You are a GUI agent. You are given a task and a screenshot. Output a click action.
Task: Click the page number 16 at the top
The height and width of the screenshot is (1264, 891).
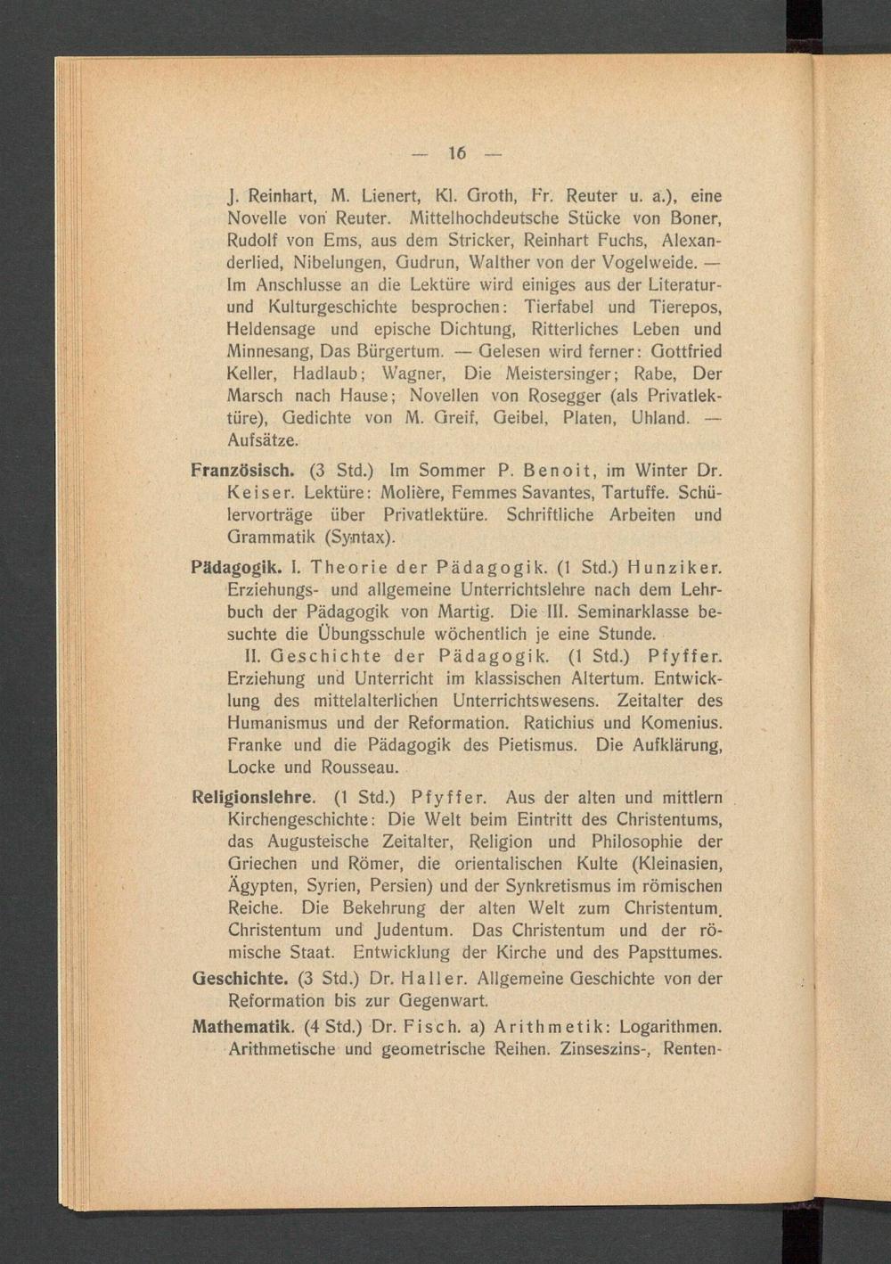pyautogui.click(x=457, y=152)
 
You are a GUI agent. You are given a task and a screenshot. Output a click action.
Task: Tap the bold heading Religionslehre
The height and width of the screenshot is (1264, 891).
pyautogui.click(x=253, y=797)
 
